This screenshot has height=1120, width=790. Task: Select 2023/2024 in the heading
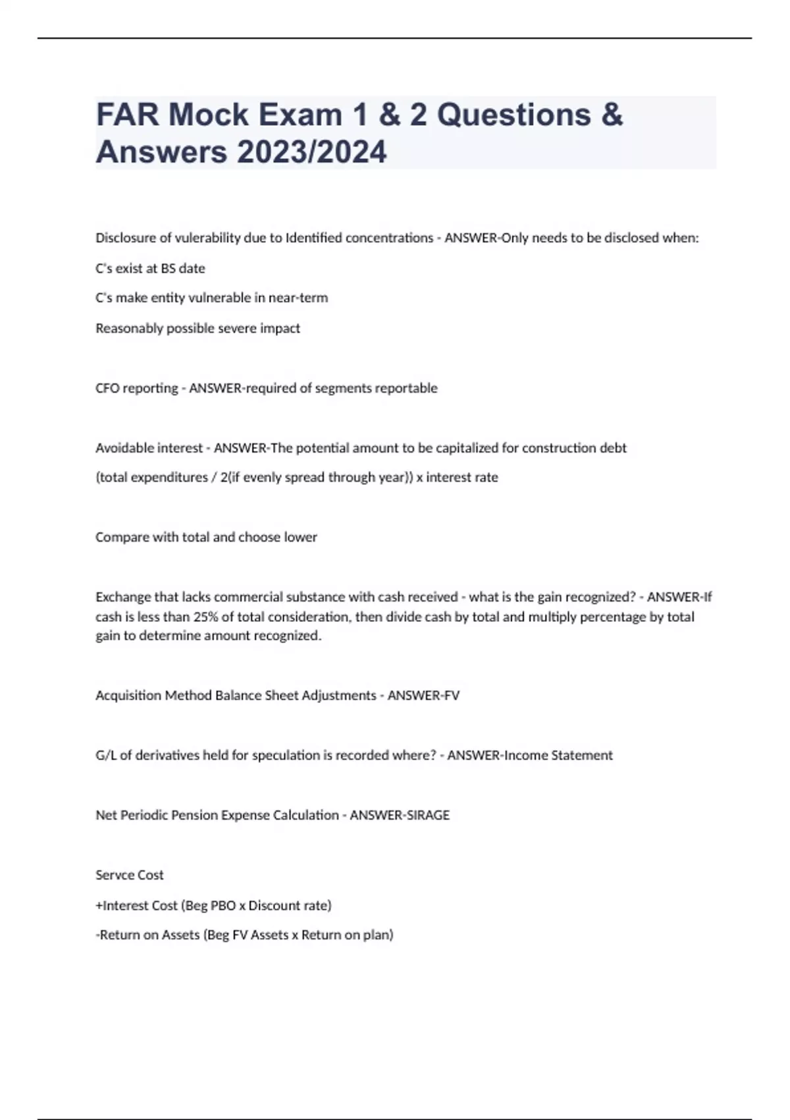coord(312,152)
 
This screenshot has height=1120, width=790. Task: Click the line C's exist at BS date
coord(150,268)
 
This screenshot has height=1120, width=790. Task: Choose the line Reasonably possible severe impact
coord(197,328)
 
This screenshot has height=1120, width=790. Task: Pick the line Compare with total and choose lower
coord(206,537)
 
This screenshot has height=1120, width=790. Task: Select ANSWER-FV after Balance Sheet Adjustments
coord(423,695)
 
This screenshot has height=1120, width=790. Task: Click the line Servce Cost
coord(129,875)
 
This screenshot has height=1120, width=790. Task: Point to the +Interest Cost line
coord(213,905)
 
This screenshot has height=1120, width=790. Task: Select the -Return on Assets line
coord(244,935)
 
